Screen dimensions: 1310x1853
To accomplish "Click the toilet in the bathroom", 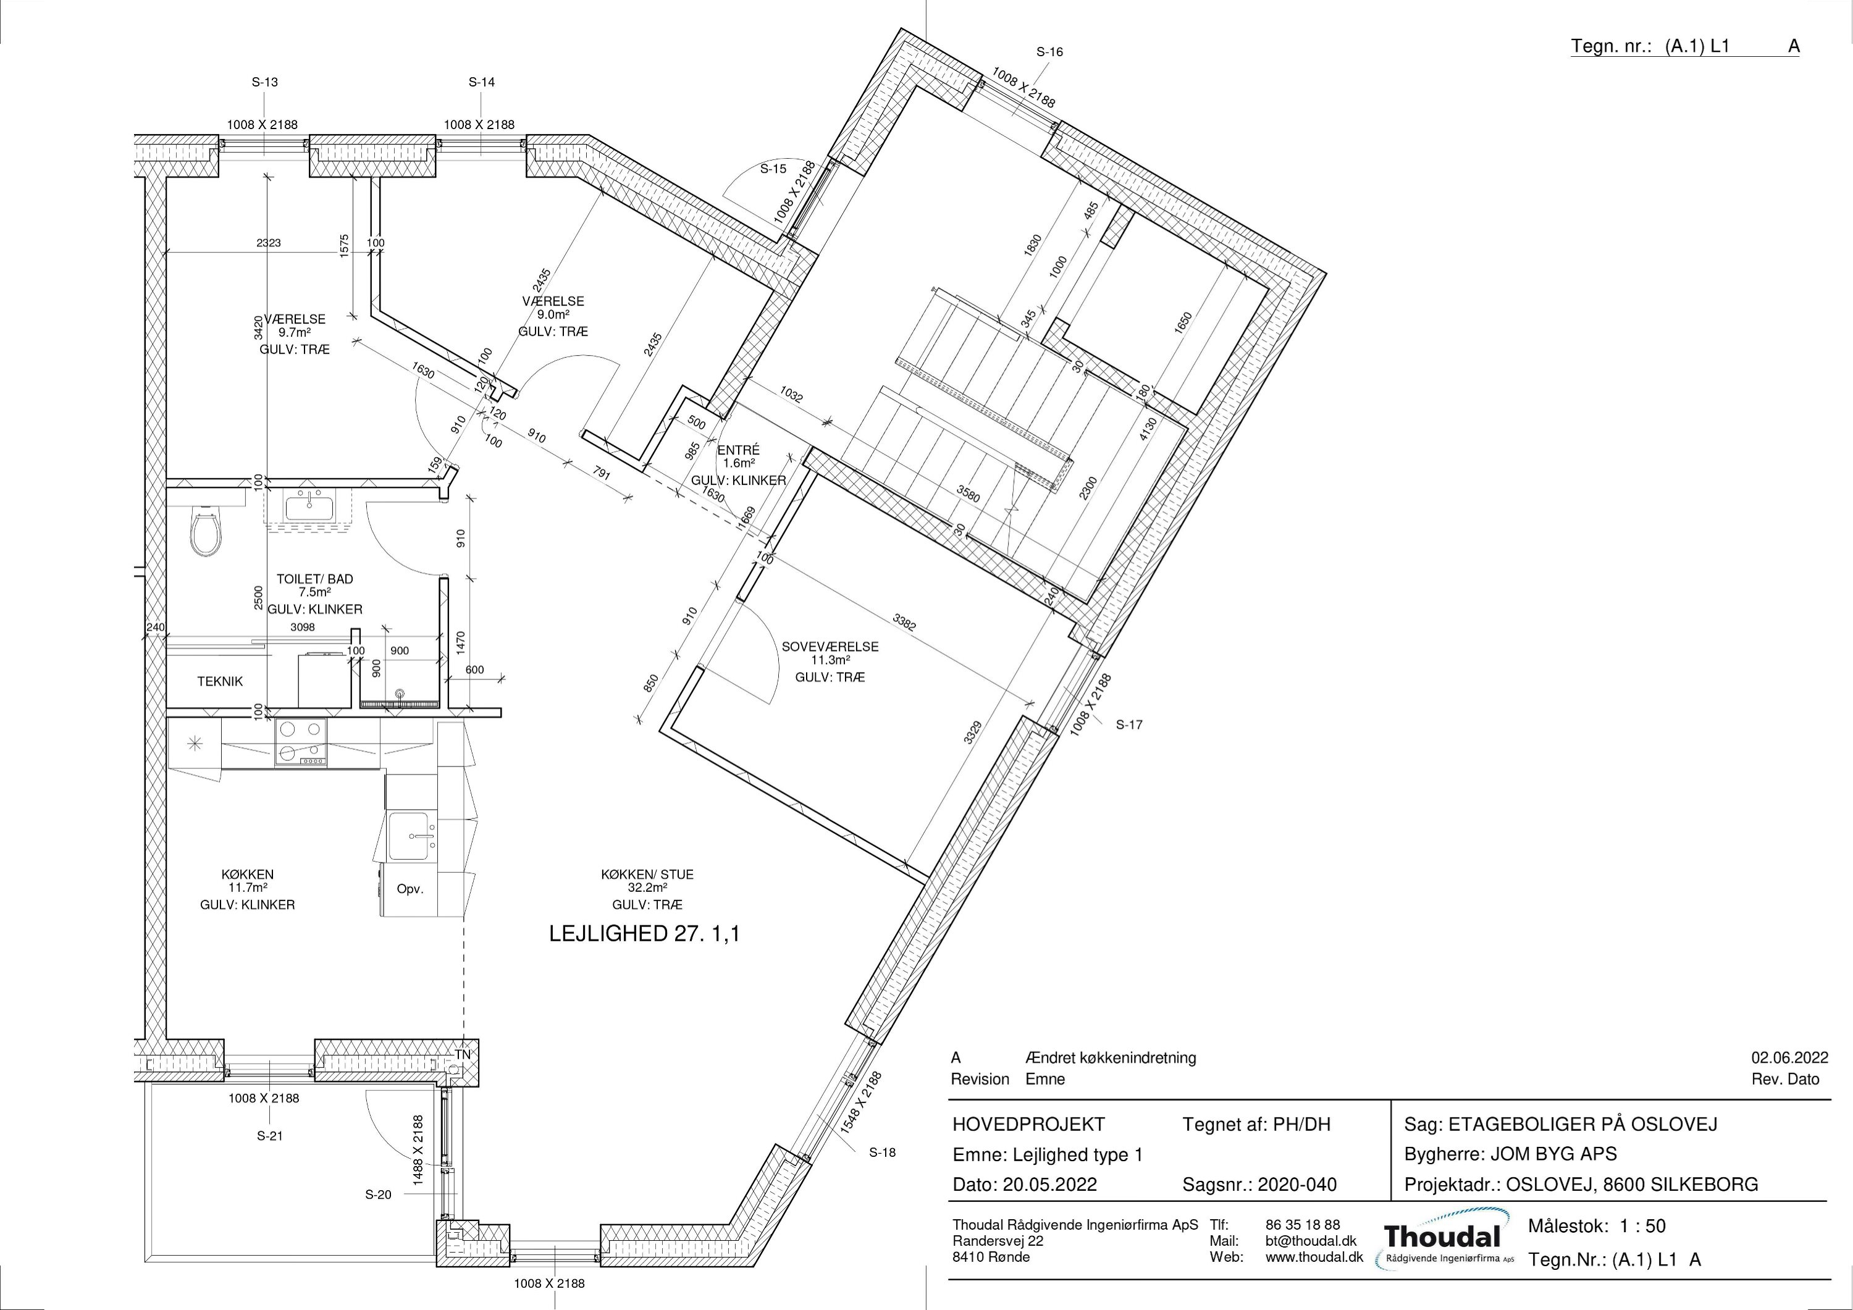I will tap(205, 533).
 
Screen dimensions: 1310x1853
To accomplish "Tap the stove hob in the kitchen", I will tap(300, 742).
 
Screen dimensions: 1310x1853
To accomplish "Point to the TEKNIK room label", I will tap(219, 681).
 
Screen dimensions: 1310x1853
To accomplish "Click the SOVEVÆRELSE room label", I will tap(830, 647).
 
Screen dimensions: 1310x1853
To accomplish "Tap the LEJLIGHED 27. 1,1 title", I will tap(644, 934).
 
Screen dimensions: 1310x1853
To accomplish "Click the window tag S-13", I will tap(265, 82).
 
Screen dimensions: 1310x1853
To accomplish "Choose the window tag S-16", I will tap(1049, 52).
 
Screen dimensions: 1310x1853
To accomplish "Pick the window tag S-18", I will tap(882, 1153).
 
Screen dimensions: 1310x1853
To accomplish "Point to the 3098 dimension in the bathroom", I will tap(303, 627).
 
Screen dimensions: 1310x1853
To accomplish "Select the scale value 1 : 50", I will tap(1642, 1226).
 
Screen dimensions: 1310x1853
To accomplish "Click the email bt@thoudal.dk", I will tap(1311, 1241).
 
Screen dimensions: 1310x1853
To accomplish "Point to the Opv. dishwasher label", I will tap(410, 889).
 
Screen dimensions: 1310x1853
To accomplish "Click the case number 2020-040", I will tap(1297, 1185).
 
